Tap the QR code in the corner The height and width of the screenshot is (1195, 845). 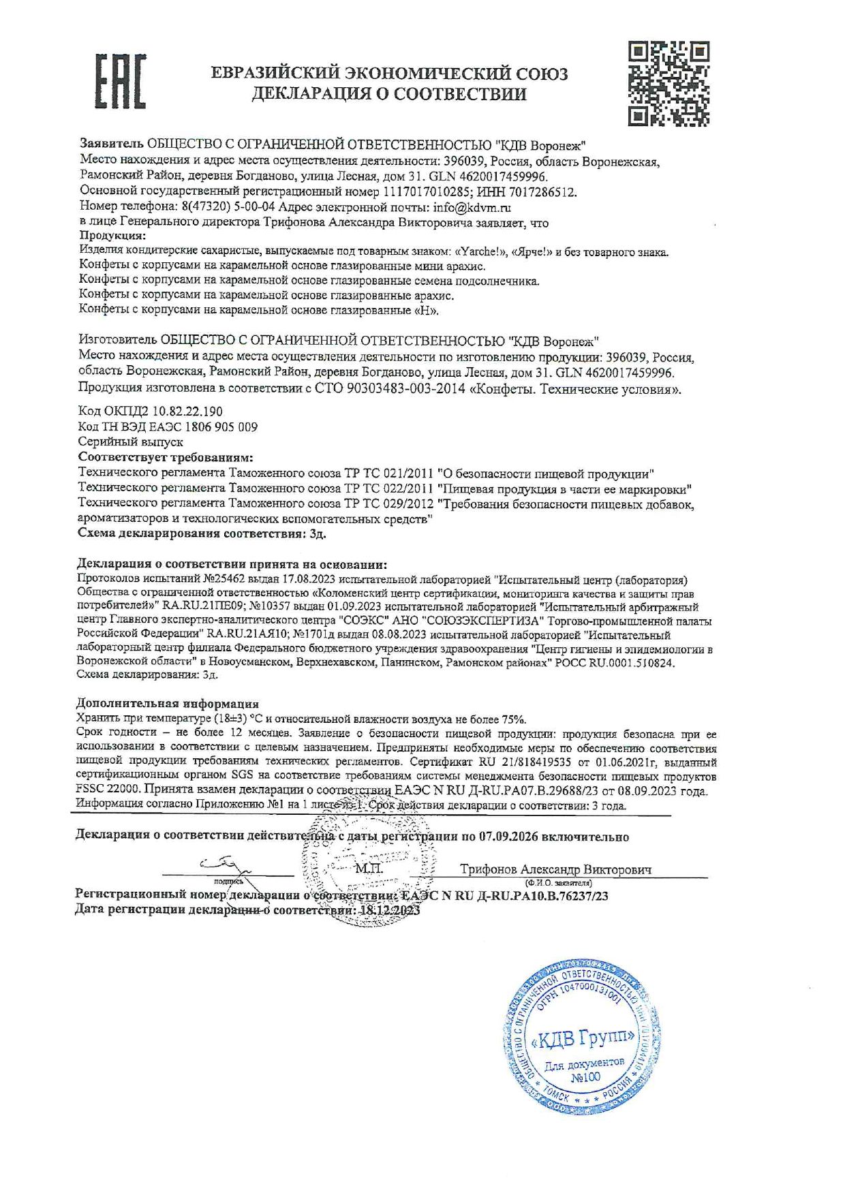pyautogui.click(x=668, y=83)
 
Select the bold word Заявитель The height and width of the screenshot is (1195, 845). pyautogui.click(x=112, y=144)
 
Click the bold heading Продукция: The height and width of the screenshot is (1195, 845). pyautogui.click(x=112, y=236)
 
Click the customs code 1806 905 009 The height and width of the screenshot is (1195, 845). pyautogui.click(x=218, y=427)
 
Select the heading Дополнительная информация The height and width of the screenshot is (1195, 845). pyautogui.click(x=168, y=704)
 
